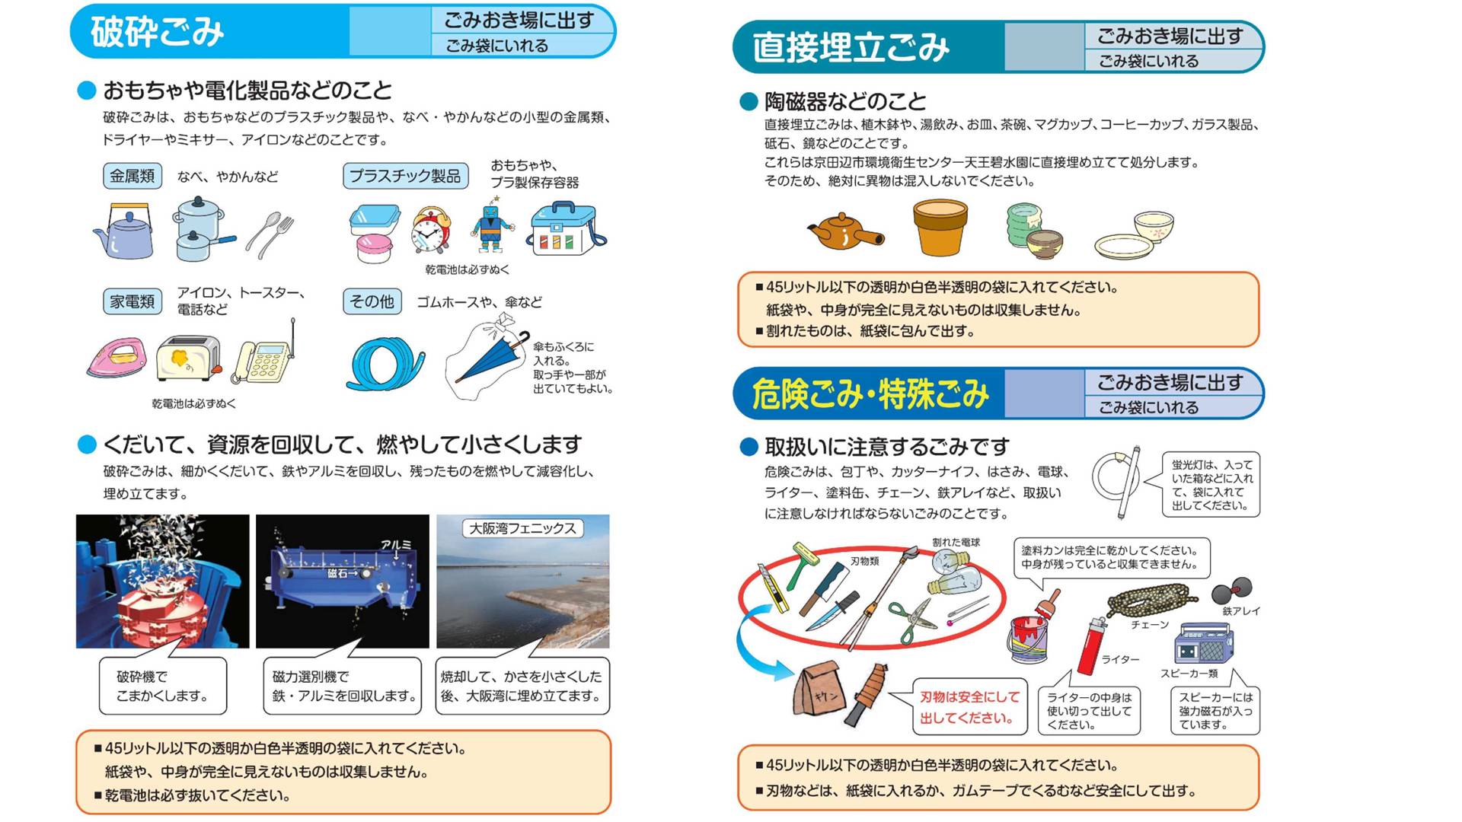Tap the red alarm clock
pyautogui.click(x=430, y=230)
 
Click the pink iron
pyautogui.click(x=117, y=358)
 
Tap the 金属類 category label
pyautogui.click(x=132, y=176)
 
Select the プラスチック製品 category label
pyautogui.click(x=405, y=176)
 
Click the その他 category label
pyautogui.click(x=372, y=301)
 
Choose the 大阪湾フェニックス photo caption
pyautogui.click(x=522, y=528)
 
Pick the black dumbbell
pyautogui.click(x=1231, y=590)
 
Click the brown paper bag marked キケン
pyautogui.click(x=819, y=693)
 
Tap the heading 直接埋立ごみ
pyautogui.click(x=851, y=47)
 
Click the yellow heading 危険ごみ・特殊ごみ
pyautogui.click(x=870, y=393)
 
